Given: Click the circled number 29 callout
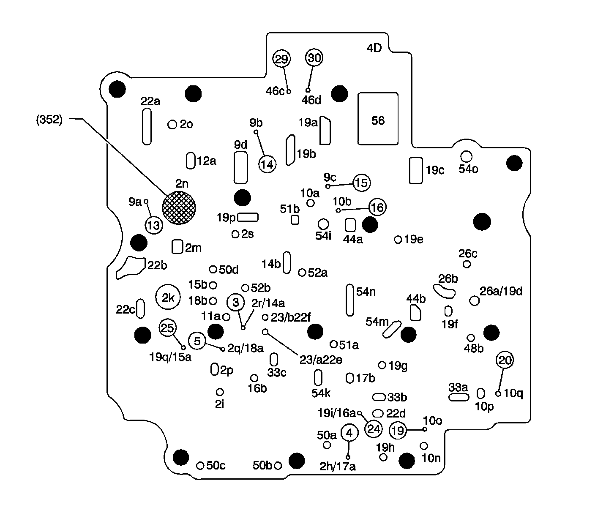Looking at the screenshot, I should pos(281,59).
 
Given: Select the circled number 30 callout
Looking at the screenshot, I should pos(314,58).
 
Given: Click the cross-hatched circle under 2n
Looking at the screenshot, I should pos(179,207).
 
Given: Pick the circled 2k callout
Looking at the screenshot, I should pos(168,298).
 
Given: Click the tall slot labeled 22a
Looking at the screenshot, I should pos(147,126).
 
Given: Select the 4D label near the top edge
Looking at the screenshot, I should pos(374,48).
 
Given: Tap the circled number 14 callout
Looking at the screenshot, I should pos(267,164).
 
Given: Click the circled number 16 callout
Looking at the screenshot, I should pos(377,207).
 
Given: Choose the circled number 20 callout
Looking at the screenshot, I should pos(505,360).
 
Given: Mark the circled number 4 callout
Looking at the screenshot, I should pos(349,432).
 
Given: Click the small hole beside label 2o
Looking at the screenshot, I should pos(172,124).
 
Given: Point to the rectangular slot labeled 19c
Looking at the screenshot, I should pos(416,170).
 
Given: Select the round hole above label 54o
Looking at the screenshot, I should pos(466,156).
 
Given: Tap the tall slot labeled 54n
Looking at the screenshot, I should pos(350,300).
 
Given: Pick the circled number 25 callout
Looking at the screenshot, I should pos(168,327).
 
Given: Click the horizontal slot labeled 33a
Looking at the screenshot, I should pos(459,397).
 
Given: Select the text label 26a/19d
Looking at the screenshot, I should pos(501,291).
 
